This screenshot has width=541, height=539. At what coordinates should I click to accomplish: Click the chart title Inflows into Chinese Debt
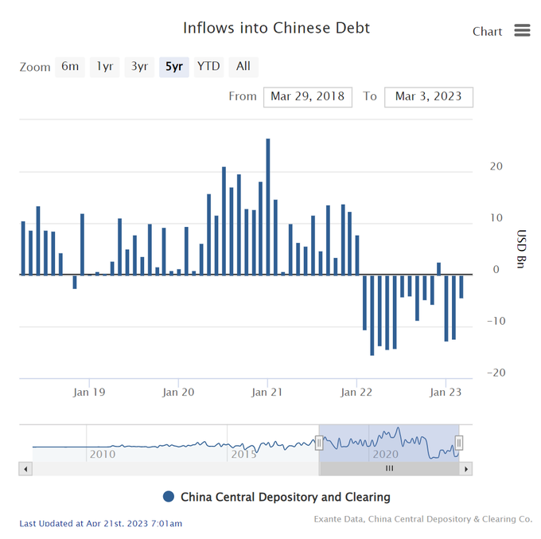coord(276,28)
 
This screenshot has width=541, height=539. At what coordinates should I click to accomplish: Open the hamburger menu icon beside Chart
coord(522,30)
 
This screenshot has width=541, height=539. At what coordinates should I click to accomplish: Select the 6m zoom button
coord(70,67)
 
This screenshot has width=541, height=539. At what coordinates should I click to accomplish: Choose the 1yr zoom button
coord(105,67)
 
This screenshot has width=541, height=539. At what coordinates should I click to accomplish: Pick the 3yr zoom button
coord(139,67)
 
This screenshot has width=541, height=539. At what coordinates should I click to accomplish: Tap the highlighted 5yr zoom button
coord(173,67)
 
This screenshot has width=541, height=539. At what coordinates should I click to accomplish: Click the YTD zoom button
coord(208,67)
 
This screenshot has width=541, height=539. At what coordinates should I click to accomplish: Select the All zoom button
coord(243,67)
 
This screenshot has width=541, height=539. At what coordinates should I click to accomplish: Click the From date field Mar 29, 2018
coord(307,97)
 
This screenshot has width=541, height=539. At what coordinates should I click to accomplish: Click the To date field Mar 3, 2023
coord(428,97)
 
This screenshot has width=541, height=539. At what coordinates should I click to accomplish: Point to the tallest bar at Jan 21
coord(268,207)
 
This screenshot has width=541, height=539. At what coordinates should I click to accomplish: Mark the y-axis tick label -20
coord(496,373)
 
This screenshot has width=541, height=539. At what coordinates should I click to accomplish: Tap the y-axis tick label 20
coord(496,166)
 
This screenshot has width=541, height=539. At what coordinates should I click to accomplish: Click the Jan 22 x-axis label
coord(356,392)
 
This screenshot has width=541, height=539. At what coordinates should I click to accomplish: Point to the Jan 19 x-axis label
coord(89,392)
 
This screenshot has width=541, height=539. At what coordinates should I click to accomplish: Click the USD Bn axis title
coord(522,248)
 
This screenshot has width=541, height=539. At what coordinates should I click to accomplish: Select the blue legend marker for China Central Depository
coord(168,497)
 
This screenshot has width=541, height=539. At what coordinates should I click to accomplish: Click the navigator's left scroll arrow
coord(25,469)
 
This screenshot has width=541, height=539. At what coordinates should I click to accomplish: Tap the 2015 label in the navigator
coord(243,454)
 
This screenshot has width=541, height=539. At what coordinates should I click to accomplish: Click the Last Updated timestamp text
coord(100,523)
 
